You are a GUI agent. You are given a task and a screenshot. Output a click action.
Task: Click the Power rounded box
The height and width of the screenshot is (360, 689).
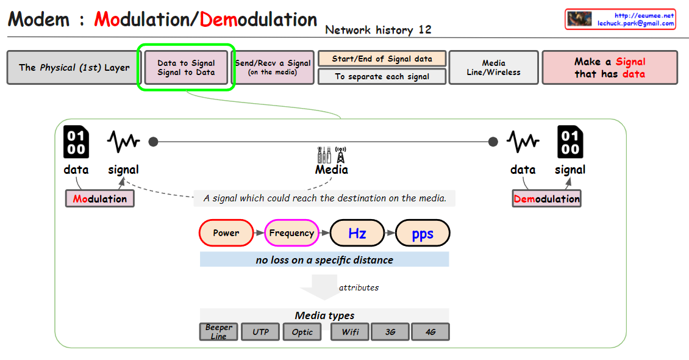tap(226, 232)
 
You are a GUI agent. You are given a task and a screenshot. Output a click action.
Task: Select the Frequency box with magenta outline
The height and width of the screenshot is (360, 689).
tap(291, 232)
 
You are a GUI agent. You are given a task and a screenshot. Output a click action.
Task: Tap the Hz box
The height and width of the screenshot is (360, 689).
tap(357, 232)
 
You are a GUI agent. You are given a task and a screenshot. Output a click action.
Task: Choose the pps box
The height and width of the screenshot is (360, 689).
tap(423, 232)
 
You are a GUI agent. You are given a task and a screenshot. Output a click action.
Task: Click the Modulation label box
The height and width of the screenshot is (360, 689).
tap(100, 198)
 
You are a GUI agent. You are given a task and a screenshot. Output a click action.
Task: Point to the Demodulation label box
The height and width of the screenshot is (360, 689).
tap(547, 198)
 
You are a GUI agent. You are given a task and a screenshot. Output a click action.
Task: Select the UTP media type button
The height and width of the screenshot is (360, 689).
tap(260, 332)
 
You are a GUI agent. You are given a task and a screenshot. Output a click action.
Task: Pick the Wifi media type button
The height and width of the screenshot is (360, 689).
tap(350, 332)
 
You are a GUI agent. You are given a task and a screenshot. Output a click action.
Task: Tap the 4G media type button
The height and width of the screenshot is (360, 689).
tap(430, 332)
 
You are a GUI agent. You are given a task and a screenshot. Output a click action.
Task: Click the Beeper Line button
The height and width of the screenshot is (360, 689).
tap(218, 332)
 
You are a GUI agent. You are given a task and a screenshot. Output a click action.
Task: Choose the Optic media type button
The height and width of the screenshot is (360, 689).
tap(302, 332)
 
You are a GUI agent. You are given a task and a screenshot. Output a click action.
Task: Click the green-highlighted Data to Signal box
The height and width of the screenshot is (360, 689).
tap(186, 67)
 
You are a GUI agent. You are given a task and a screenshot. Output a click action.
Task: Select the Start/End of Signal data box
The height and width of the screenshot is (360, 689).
tap(382, 59)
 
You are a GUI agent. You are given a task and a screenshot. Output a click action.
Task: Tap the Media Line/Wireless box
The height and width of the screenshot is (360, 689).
tap(493, 67)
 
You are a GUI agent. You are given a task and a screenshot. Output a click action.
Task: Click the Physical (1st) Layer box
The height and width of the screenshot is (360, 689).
tap(74, 67)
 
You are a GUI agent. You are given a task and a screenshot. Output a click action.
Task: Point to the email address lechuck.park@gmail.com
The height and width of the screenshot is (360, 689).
tap(635, 23)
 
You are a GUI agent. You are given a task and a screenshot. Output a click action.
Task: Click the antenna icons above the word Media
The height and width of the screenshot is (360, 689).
tap(331, 154)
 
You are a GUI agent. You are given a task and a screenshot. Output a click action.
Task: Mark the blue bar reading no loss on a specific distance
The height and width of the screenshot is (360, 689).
tap(324, 259)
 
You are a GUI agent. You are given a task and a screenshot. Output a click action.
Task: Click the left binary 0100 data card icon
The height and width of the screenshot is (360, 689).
tap(76, 143)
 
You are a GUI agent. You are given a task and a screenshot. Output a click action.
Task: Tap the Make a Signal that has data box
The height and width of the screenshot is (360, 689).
tap(609, 67)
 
